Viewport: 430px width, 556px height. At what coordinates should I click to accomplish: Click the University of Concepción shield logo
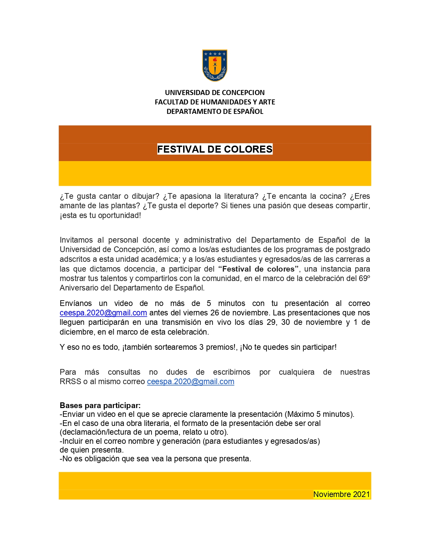[215, 65]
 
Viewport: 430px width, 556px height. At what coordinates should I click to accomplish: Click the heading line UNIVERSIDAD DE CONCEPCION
[215, 93]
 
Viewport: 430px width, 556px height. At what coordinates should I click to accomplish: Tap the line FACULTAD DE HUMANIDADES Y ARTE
[215, 102]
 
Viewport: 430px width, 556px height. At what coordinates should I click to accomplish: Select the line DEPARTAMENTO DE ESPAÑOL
[215, 112]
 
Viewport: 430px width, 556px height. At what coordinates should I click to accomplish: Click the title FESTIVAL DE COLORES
[215, 149]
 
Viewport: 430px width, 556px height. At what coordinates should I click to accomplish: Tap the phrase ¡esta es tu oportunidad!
[100, 216]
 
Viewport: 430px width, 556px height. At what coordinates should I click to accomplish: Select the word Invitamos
[76, 240]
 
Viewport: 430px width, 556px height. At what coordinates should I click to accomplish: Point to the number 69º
[364, 278]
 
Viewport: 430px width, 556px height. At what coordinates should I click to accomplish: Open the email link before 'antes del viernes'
[103, 313]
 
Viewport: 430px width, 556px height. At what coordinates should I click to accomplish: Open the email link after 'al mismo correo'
[191, 382]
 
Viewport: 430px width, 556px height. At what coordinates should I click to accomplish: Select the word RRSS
[70, 382]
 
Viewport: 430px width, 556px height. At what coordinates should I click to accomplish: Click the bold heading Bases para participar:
[100, 405]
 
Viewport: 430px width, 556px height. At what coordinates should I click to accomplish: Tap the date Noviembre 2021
[341, 494]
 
